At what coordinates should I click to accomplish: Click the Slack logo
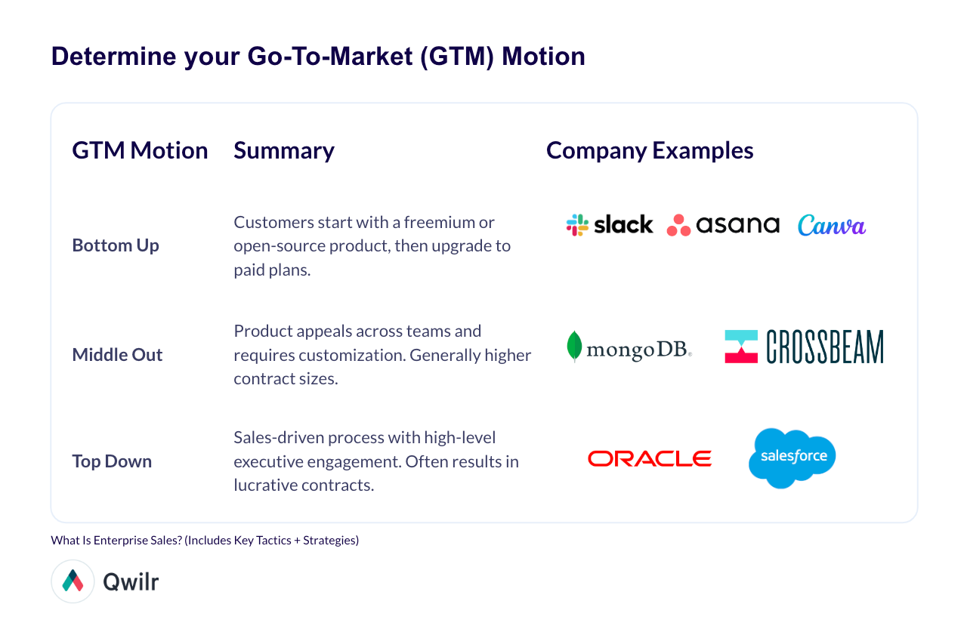click(610, 224)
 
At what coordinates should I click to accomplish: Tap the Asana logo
click(723, 224)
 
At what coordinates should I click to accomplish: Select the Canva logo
click(832, 225)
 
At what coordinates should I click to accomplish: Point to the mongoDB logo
click(629, 347)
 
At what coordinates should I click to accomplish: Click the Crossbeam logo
click(804, 347)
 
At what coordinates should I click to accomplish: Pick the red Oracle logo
click(650, 458)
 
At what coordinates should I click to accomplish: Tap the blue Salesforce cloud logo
click(792, 457)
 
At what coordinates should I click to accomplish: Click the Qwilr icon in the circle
click(73, 581)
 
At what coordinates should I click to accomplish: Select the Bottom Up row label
click(116, 245)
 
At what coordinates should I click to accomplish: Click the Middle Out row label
click(117, 355)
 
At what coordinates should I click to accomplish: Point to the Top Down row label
click(112, 461)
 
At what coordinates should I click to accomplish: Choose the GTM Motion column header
click(140, 150)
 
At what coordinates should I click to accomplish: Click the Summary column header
click(284, 150)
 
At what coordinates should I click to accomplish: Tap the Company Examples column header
click(650, 150)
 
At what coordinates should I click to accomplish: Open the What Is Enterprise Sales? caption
click(205, 541)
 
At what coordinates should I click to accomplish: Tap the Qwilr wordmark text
click(131, 581)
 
